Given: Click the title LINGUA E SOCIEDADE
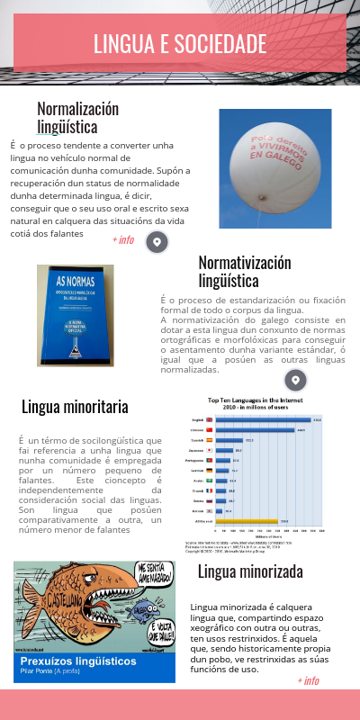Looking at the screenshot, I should (180, 43).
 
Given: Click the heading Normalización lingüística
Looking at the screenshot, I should (77, 118).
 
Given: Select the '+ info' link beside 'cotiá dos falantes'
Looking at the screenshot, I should (123, 240).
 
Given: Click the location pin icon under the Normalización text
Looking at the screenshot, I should (157, 242).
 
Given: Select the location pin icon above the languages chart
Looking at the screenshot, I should (296, 379).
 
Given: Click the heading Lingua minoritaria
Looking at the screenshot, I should (75, 407).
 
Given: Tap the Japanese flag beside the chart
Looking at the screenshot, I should (210, 450).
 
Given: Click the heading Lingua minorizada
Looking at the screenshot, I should (249, 571).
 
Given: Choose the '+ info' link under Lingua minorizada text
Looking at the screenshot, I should (307, 680).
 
